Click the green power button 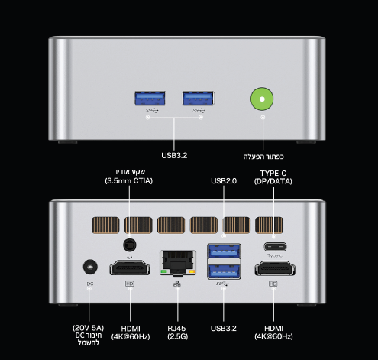click(x=262, y=99)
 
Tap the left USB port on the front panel click(x=150, y=99)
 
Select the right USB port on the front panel click(x=198, y=99)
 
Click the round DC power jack click(x=90, y=268)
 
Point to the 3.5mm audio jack click(x=130, y=245)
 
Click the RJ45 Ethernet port click(x=178, y=264)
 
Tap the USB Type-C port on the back click(x=275, y=247)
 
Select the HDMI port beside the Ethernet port click(x=130, y=268)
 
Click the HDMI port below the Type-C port click(x=275, y=268)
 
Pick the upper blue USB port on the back click(x=224, y=251)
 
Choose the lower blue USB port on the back click(x=224, y=271)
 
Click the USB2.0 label click(x=224, y=181)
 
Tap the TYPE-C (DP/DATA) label click(x=273, y=177)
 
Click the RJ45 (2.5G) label click(x=177, y=332)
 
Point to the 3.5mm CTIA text click(x=129, y=181)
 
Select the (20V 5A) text click(x=89, y=328)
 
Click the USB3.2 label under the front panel click(x=174, y=155)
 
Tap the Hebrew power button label click(x=263, y=157)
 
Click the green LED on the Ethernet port click(x=164, y=271)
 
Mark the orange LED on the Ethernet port click(x=192, y=271)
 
